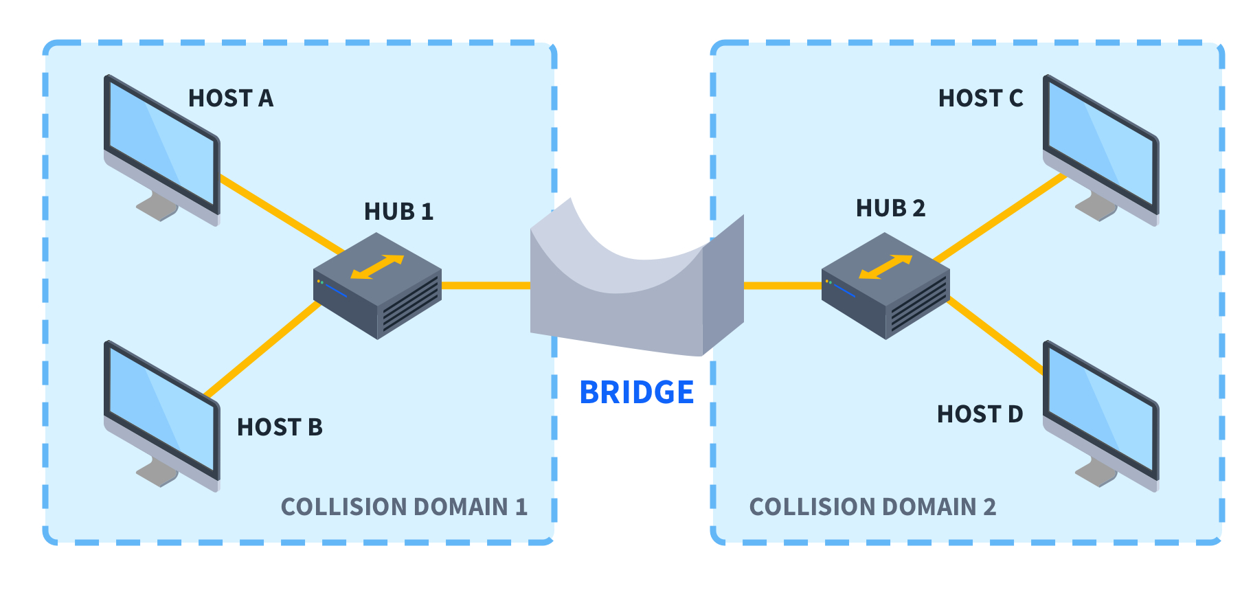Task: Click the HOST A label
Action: coord(231,99)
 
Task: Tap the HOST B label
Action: coord(280,427)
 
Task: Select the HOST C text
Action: coord(980,99)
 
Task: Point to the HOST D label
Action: coord(980,414)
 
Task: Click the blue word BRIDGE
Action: coord(636,393)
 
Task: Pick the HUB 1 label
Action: coord(398,212)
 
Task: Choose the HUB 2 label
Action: coord(890,208)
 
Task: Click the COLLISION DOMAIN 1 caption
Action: coord(404,507)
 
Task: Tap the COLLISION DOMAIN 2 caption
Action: coord(872,507)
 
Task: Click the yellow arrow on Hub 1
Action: coord(377,267)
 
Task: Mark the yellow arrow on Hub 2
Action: coord(885,267)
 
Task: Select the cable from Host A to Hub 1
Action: coord(282,214)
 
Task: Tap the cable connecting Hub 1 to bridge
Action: coord(485,285)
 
